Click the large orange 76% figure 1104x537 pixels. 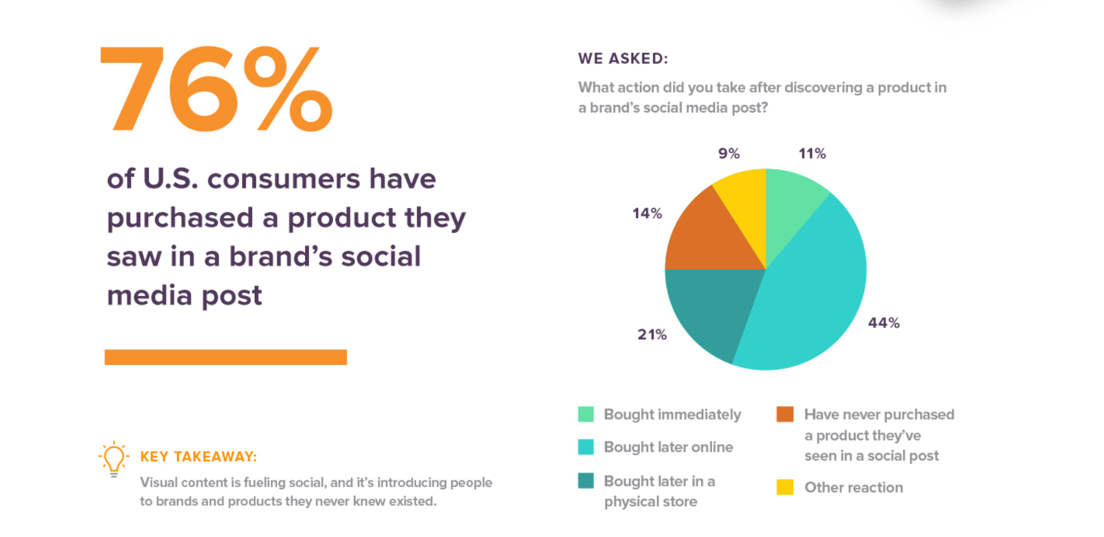coord(216,89)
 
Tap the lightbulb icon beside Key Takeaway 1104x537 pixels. coord(114,459)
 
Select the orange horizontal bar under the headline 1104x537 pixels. coord(226,357)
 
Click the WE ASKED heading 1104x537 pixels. coord(623,58)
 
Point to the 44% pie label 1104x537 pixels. coord(884,323)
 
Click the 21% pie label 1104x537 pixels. coord(652,334)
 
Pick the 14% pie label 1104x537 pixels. coord(647,213)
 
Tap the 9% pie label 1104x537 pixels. coord(729,154)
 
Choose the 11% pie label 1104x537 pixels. coord(812,154)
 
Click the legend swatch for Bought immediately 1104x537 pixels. coord(586,414)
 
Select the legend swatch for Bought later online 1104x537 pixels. coord(586,447)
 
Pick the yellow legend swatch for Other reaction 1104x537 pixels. coord(785,487)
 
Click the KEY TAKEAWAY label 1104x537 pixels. coord(198,457)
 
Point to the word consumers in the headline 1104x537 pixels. coord(283,179)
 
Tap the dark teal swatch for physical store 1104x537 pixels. coord(586,480)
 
